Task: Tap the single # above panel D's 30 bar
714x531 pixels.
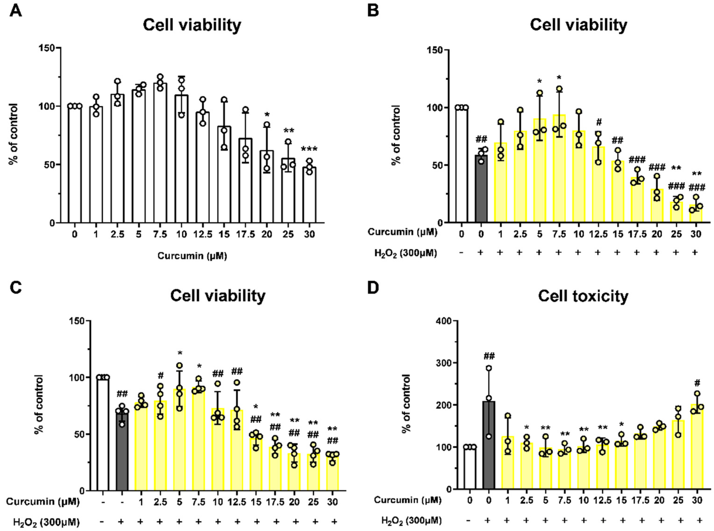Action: pyautogui.click(x=697, y=383)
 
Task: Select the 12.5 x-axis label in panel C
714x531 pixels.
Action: pyautogui.click(x=237, y=502)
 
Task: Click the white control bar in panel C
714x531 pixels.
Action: pyautogui.click(x=103, y=434)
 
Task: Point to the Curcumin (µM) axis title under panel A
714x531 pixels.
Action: pyautogui.click(x=192, y=256)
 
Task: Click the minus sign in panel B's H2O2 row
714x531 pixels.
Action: pyautogui.click(x=461, y=253)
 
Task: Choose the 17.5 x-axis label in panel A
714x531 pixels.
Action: pyautogui.click(x=246, y=234)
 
